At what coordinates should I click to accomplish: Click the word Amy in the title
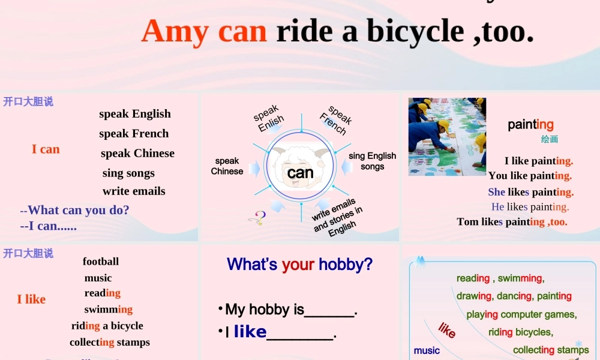pyautogui.click(x=176, y=31)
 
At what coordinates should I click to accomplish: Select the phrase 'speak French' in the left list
pyautogui.click(x=134, y=133)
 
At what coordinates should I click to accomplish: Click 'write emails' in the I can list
pyautogui.click(x=134, y=191)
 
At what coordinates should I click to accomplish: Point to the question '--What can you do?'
pyautogui.click(x=74, y=210)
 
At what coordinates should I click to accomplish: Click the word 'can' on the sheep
pyautogui.click(x=300, y=173)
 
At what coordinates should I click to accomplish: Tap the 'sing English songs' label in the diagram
pyautogui.click(x=372, y=161)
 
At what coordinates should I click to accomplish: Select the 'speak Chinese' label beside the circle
pyautogui.click(x=227, y=166)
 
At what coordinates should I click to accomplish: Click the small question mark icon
pyautogui.click(x=260, y=218)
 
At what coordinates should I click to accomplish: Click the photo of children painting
pyautogui.click(x=447, y=137)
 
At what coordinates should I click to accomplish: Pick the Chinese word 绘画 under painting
pyautogui.click(x=549, y=139)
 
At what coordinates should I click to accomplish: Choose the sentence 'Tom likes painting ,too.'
pyautogui.click(x=512, y=222)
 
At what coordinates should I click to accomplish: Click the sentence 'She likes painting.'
pyautogui.click(x=530, y=192)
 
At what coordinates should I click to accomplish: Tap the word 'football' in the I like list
pyautogui.click(x=101, y=262)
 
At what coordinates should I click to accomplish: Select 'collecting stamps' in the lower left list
pyautogui.click(x=110, y=343)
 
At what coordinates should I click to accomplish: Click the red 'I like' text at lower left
pyautogui.click(x=31, y=299)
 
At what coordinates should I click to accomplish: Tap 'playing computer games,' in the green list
pyautogui.click(x=521, y=314)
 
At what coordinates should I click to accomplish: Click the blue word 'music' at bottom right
pyautogui.click(x=427, y=350)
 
